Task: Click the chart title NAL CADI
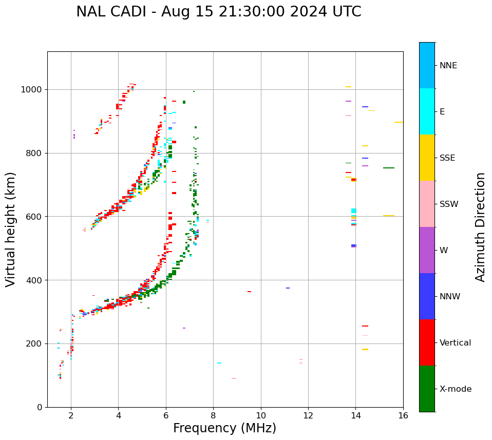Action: click(x=218, y=12)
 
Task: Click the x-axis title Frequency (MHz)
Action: click(x=224, y=428)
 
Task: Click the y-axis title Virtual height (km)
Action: click(x=11, y=229)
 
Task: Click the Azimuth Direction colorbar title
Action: click(x=480, y=227)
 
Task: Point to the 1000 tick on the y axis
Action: click(x=34, y=90)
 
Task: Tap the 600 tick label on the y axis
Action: click(x=34, y=217)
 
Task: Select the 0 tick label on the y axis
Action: click(x=39, y=407)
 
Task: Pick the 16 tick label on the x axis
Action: click(x=403, y=415)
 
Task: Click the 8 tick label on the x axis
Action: click(x=261, y=415)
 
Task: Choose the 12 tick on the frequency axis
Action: click(x=308, y=415)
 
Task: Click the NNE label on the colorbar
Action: click(x=448, y=66)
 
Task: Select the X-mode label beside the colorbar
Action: click(x=456, y=389)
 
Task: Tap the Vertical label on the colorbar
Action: click(x=456, y=343)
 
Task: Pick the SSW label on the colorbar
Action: click(x=449, y=204)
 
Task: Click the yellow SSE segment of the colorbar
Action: click(x=427, y=158)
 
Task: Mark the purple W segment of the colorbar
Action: click(x=427, y=250)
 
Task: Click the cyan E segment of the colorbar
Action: click(x=427, y=111)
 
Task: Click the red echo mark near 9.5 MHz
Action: click(x=249, y=292)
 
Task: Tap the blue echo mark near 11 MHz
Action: click(x=288, y=288)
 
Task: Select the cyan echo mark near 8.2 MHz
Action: click(x=219, y=363)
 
